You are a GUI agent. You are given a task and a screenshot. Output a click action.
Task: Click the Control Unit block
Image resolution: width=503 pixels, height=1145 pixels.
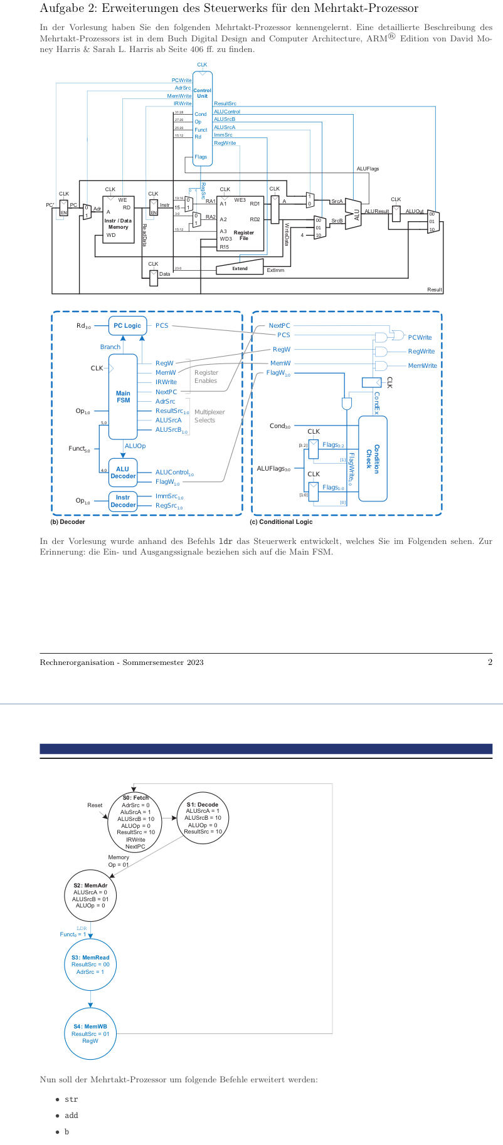(x=202, y=119)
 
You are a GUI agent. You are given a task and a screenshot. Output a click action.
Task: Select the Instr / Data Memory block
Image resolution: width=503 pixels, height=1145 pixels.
(x=118, y=219)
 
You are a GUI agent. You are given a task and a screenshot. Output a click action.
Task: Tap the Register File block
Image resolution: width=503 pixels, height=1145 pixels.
(x=240, y=223)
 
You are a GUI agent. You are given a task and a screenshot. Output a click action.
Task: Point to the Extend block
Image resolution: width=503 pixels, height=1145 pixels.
(x=240, y=268)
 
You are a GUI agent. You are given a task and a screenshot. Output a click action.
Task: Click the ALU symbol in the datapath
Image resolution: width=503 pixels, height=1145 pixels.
(x=354, y=214)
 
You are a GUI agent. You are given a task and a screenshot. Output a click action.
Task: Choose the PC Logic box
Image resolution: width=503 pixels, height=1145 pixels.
(x=127, y=326)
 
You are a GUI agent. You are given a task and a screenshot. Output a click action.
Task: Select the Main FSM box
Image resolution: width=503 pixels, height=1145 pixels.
(x=123, y=397)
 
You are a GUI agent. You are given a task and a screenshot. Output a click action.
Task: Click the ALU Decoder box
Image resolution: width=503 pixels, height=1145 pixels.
(x=123, y=473)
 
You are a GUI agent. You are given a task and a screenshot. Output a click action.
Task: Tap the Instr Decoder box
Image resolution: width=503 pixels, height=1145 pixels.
(x=123, y=501)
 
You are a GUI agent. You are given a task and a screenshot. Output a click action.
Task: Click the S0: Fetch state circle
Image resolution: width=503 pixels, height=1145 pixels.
(x=135, y=822)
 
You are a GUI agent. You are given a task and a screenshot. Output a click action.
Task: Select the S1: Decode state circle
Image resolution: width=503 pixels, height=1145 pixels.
(x=203, y=818)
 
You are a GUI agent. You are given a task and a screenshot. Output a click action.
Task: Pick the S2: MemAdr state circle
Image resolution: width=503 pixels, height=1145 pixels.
(x=90, y=896)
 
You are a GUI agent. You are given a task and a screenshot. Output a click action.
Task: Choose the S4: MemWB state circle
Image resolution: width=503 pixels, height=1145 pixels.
(x=90, y=1033)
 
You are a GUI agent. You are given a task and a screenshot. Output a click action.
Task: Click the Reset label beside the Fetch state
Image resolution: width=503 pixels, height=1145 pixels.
(x=95, y=805)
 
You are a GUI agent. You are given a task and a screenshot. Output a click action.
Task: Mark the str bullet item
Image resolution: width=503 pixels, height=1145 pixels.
(x=71, y=1099)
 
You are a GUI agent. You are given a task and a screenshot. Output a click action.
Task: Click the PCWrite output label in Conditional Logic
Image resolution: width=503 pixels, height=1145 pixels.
(x=420, y=338)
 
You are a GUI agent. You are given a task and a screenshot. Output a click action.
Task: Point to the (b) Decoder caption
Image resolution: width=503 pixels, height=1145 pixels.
(x=68, y=521)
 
